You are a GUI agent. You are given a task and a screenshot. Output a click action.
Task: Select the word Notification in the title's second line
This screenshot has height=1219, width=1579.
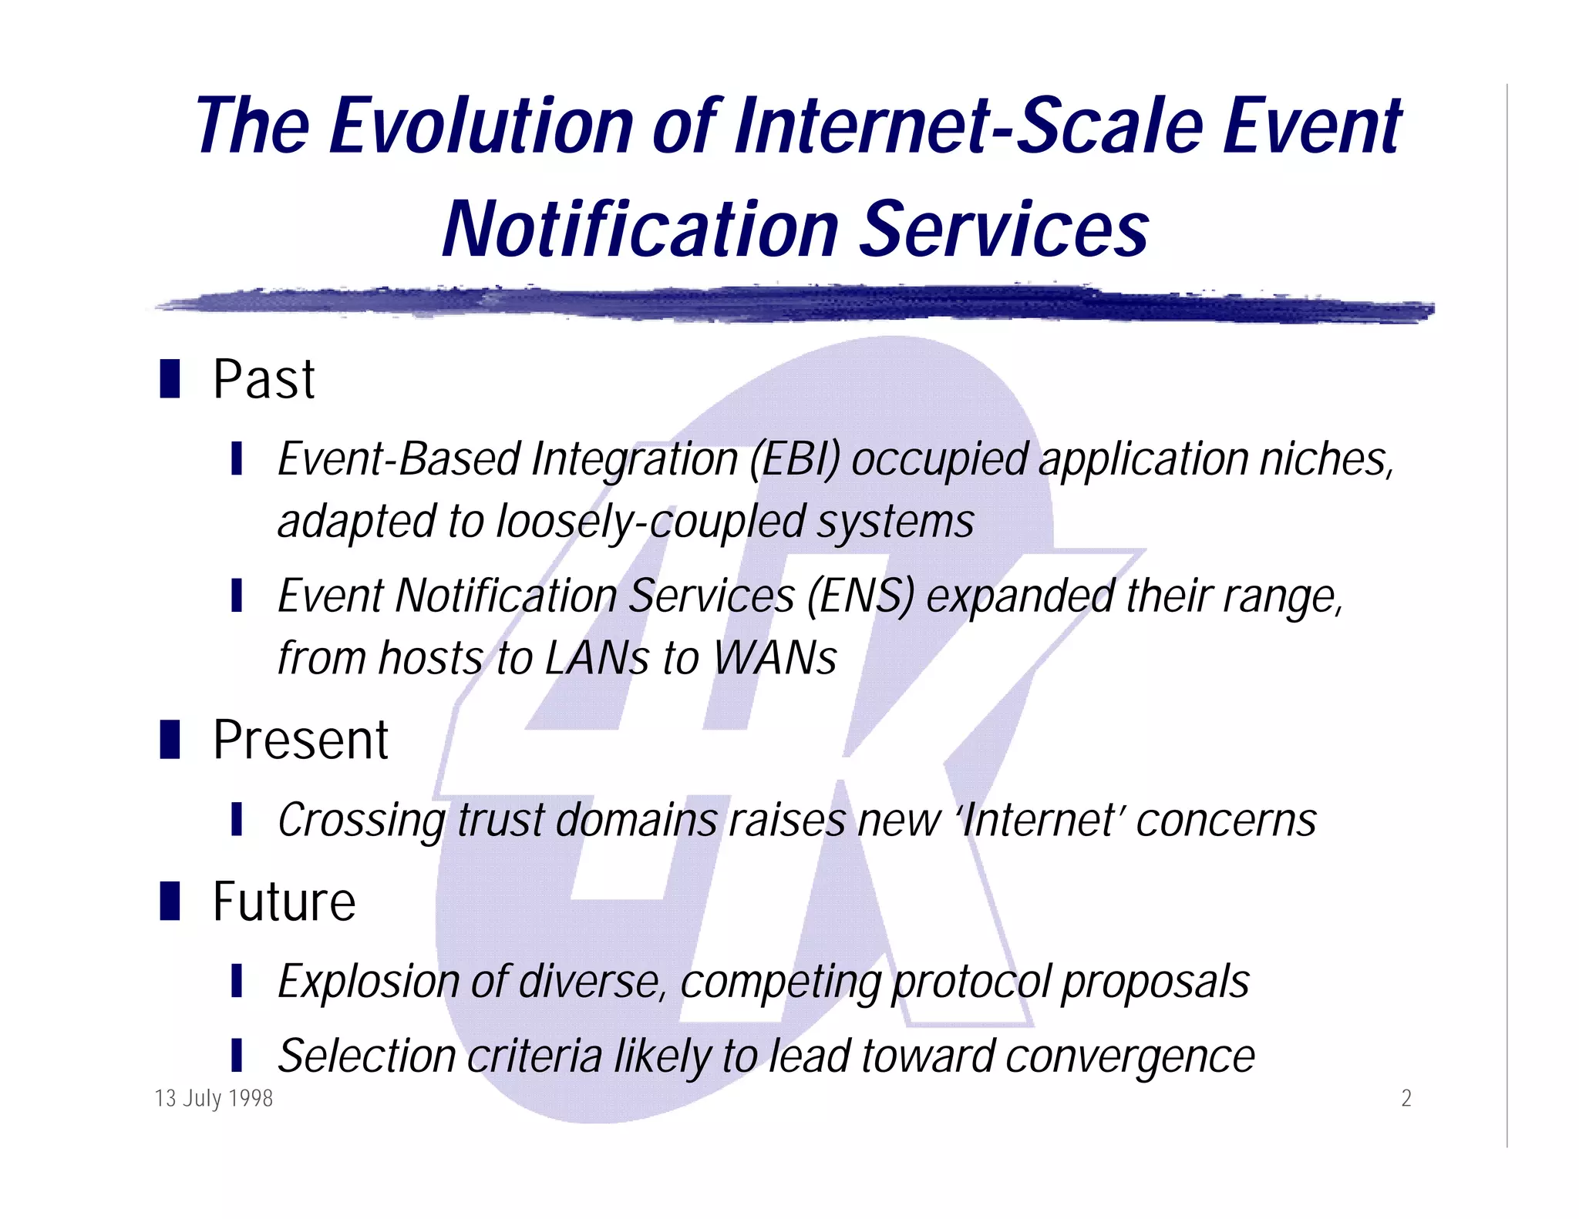pyautogui.click(x=640, y=230)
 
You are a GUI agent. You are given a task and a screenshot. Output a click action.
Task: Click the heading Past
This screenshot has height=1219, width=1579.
pyautogui.click(x=264, y=380)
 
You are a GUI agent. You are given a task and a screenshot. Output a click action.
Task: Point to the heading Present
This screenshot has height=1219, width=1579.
pyautogui.click(x=300, y=740)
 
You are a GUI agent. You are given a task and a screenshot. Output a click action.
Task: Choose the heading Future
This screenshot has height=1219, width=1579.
pyautogui.click(x=284, y=902)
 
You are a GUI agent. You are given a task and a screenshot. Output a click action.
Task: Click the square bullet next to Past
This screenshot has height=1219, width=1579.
pyautogui.click(x=170, y=378)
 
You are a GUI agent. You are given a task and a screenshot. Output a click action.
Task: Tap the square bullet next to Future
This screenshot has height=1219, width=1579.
pyautogui.click(x=170, y=901)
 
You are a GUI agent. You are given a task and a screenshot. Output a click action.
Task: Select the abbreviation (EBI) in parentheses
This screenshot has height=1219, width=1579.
pyautogui.click(x=795, y=459)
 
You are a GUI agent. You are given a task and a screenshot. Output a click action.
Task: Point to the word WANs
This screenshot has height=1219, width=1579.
pyautogui.click(x=774, y=659)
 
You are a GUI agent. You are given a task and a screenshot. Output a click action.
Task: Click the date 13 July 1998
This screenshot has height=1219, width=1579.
pyautogui.click(x=214, y=1098)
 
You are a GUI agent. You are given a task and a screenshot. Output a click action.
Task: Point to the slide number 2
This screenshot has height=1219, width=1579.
pyautogui.click(x=1406, y=1098)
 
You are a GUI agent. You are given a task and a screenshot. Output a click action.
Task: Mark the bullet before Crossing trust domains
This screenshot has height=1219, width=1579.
pyautogui.click(x=237, y=819)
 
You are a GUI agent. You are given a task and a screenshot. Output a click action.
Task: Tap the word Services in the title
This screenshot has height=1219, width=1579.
pyautogui.click(x=1002, y=230)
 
